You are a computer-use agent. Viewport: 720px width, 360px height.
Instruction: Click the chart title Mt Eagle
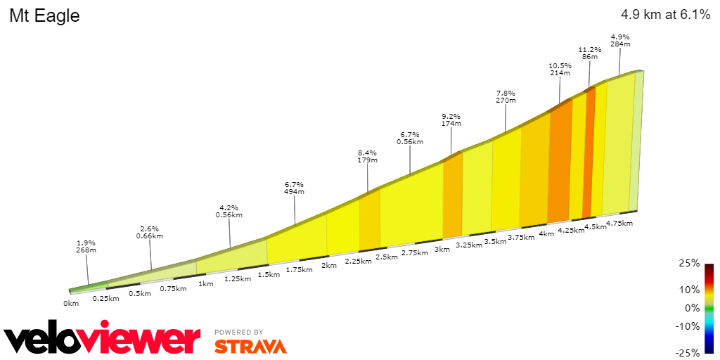(44, 16)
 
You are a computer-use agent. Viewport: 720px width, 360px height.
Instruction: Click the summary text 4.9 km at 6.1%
(665, 15)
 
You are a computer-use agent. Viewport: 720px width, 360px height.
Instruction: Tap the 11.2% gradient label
(590, 50)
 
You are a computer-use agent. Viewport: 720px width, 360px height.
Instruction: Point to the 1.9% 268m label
(86, 245)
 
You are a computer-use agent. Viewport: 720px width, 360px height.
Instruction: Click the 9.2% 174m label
(451, 120)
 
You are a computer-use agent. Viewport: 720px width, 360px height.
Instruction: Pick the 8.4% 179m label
(367, 155)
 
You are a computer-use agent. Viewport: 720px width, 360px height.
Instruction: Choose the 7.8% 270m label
(506, 96)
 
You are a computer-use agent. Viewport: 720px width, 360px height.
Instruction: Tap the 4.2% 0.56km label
(229, 212)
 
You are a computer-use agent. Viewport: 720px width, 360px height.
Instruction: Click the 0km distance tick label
(71, 303)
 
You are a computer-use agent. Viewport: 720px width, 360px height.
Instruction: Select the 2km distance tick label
(328, 266)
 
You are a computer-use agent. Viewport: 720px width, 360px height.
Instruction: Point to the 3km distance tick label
(442, 249)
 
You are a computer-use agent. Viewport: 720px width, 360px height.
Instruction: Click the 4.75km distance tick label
(619, 224)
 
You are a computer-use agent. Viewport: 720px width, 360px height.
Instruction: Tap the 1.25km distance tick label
(237, 279)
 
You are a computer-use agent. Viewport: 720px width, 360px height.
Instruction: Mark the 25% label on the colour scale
(690, 263)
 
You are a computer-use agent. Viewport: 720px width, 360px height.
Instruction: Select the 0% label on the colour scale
(693, 307)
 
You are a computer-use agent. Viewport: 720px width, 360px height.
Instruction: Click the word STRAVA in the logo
(250, 347)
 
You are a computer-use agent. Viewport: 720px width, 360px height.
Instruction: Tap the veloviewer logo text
(102, 340)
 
